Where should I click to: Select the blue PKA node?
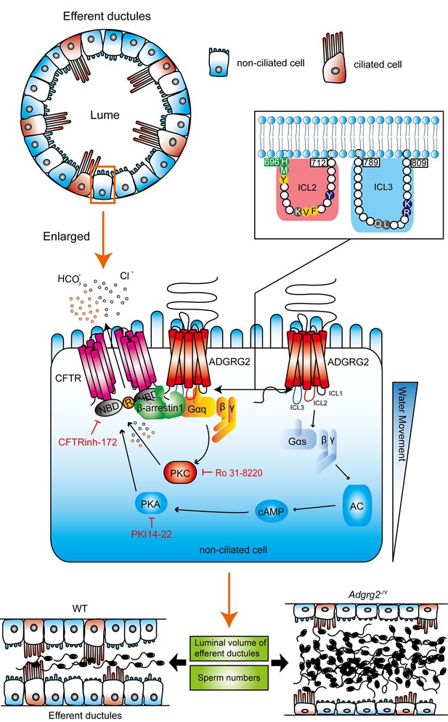[x=150, y=505]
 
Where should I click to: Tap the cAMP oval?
[x=272, y=511]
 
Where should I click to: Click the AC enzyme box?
[x=357, y=506]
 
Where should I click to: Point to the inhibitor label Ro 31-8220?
[x=238, y=473]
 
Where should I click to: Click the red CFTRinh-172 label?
[x=87, y=442]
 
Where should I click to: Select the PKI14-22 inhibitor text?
[x=152, y=534]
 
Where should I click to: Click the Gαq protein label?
[x=197, y=409]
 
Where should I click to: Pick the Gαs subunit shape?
[x=298, y=441]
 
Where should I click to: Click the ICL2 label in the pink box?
[x=306, y=187]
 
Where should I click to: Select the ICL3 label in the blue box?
[x=383, y=187]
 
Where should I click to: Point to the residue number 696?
[x=272, y=162]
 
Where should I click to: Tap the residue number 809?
[x=419, y=163]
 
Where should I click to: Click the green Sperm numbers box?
[x=229, y=678]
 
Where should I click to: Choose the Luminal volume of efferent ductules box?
[x=229, y=648]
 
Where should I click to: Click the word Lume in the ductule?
[x=105, y=115]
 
